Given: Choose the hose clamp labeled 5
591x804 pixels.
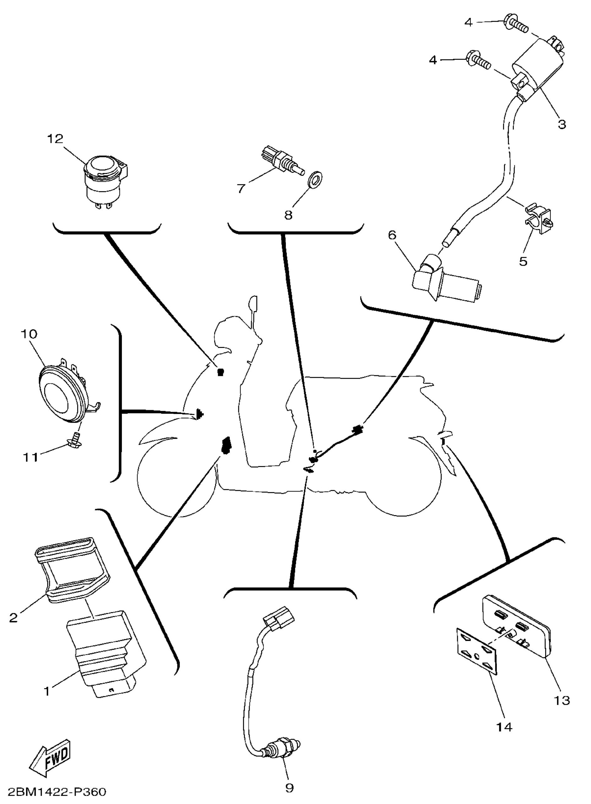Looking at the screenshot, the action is [539, 219].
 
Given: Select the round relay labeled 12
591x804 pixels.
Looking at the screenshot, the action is [106, 181].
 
